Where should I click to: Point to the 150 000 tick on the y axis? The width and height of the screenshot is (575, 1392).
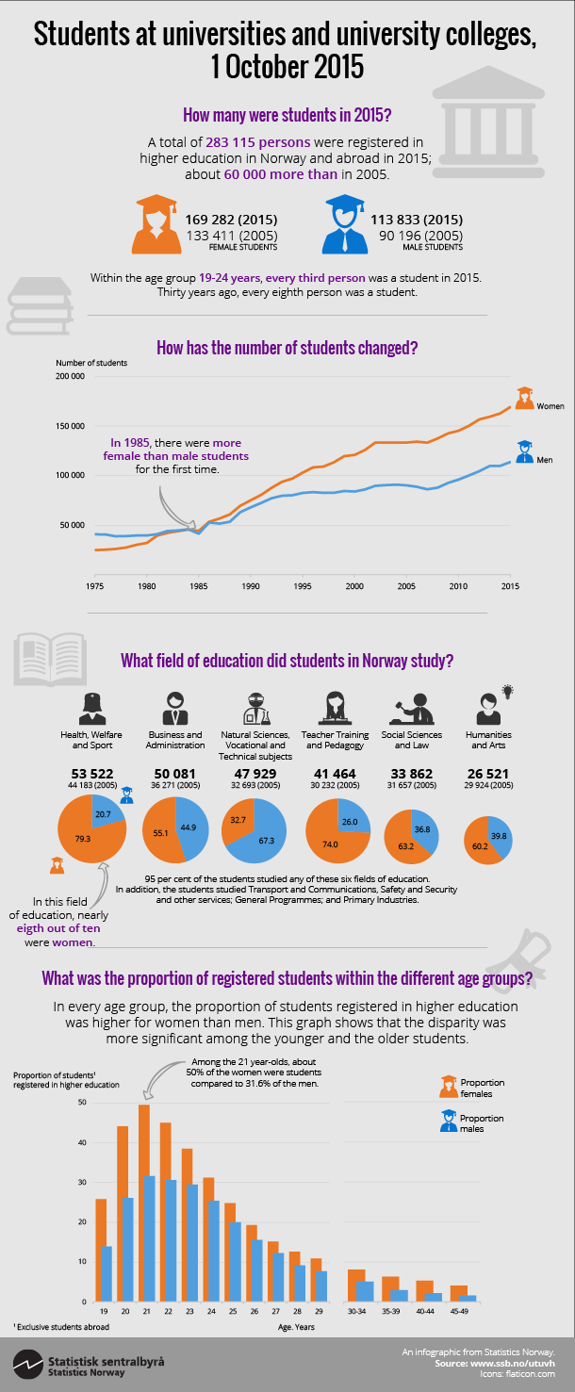coord(72,426)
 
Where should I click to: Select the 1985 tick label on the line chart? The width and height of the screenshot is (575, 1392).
coord(198,586)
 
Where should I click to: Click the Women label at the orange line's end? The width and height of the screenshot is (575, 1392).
coord(550,406)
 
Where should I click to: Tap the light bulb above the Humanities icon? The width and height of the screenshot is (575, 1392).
coord(507,691)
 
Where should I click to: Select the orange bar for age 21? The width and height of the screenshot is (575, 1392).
coord(144,1206)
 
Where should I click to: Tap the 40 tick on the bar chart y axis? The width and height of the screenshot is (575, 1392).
coord(81,1142)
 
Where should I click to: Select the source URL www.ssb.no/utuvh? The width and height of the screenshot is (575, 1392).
coord(516,1363)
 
